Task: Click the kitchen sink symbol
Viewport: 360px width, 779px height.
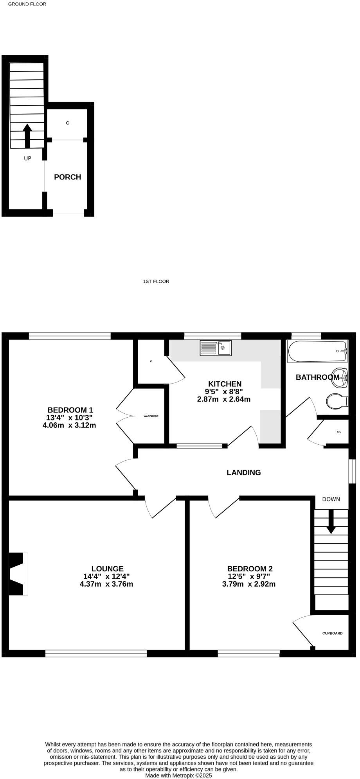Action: click(216, 348)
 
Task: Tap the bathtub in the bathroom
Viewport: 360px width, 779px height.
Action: click(317, 351)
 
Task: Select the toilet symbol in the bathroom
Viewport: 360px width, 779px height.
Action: click(336, 401)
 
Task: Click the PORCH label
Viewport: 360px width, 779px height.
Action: click(67, 177)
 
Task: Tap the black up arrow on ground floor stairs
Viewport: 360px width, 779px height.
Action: click(27, 135)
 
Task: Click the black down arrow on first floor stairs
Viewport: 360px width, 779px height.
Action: click(331, 522)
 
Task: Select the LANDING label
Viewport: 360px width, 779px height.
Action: click(244, 472)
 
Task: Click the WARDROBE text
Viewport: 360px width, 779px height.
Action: click(151, 416)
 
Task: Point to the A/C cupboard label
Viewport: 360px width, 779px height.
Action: click(339, 432)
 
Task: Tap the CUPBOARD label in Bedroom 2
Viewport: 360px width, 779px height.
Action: click(332, 633)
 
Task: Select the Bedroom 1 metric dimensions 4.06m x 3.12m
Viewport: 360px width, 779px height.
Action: click(69, 425)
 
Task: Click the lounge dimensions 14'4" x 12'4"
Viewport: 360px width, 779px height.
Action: click(106, 576)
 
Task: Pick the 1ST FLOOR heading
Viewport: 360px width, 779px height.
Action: click(156, 281)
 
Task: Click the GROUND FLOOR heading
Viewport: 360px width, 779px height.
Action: click(27, 4)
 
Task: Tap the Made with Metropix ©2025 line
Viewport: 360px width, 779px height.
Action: click(178, 775)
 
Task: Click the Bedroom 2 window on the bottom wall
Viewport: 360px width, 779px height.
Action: click(249, 653)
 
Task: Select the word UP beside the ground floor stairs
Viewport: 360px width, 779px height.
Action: click(27, 158)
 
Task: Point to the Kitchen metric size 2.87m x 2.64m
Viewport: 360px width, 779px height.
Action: click(224, 399)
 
